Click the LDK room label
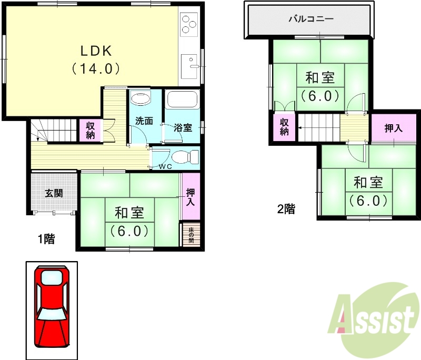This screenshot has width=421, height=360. (96, 51)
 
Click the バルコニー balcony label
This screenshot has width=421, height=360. (310, 19)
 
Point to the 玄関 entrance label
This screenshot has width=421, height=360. (53, 193)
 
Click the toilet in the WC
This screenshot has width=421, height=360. (184, 157)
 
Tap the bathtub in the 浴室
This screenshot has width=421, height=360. (182, 99)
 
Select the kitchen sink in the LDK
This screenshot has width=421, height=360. (189, 66)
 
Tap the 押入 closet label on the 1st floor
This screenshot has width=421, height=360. (190, 196)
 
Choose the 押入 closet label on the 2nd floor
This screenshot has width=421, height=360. (394, 128)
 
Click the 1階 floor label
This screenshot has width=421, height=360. (45, 239)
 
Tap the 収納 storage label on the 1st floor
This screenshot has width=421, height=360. (91, 130)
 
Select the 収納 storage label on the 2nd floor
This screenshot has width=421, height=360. (284, 126)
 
